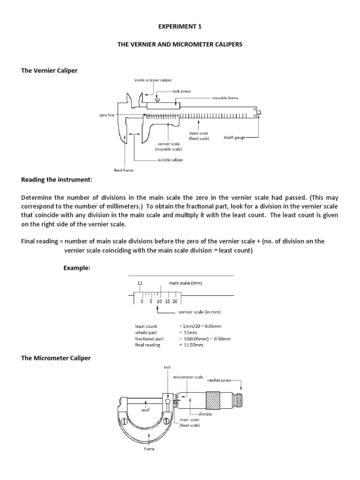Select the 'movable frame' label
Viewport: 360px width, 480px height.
click(x=225, y=98)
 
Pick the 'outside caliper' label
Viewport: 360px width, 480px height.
click(x=170, y=160)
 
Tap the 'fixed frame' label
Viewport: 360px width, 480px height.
click(x=124, y=170)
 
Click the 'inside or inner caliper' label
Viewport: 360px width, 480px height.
click(x=153, y=80)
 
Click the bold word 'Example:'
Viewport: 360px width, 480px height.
click(x=77, y=267)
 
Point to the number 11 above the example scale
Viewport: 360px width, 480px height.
click(x=140, y=283)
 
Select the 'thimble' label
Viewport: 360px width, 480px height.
click(x=205, y=414)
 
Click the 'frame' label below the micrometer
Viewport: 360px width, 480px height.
click(x=149, y=449)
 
